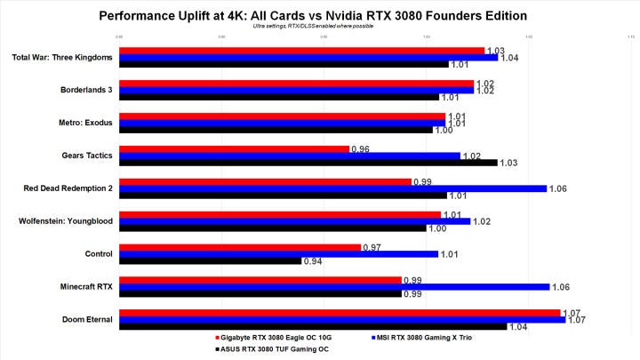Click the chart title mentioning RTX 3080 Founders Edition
[319, 16]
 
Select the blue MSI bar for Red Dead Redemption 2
[332, 188]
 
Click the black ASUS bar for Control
[210, 261]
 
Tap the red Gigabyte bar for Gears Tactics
[234, 148]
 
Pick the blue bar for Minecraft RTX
[333, 286]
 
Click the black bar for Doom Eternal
[313, 326]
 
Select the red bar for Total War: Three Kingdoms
[301, 51]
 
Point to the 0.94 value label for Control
[312, 261]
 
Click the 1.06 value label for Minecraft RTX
[560, 287]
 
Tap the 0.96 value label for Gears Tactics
[360, 148]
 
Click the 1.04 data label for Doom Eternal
[518, 327]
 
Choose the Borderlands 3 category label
[85, 90]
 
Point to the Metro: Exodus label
[85, 123]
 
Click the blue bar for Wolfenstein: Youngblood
[294, 220]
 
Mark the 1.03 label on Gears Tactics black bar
[508, 164]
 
